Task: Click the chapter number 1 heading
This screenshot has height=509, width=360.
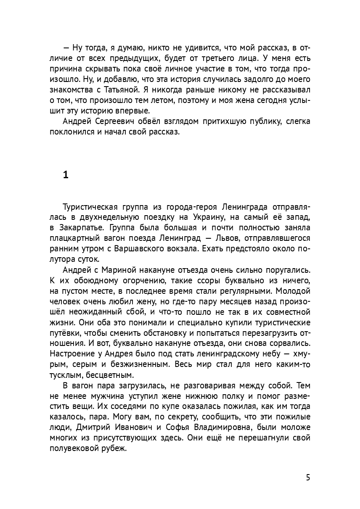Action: [x=65, y=175]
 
